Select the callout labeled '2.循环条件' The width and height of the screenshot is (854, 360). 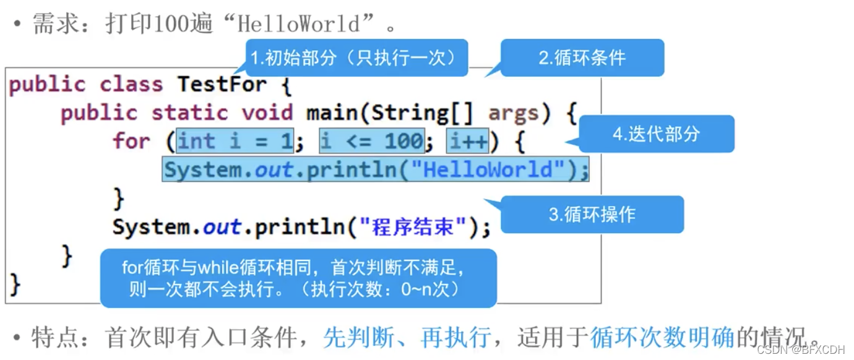coord(582,58)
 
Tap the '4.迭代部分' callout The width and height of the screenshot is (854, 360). coord(657,134)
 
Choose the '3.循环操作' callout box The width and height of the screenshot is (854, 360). coord(592,214)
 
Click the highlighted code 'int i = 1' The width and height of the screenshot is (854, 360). coord(235,142)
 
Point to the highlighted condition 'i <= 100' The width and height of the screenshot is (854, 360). coord(371,142)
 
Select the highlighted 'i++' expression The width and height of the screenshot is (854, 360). coord(468,142)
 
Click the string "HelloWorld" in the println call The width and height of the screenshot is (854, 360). coord(487,169)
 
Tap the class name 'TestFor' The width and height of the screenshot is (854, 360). coord(222,84)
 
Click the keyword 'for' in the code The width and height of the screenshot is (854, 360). coord(132,142)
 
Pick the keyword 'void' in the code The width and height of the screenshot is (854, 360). coord(267,113)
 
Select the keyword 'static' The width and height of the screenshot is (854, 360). coord(189,113)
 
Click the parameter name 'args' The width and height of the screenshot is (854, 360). coord(513,113)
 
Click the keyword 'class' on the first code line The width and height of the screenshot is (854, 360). coord(131,84)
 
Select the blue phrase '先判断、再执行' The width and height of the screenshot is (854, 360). coord(407,338)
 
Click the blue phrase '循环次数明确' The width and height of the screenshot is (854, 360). coord(662,338)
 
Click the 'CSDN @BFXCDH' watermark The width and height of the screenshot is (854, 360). coord(801,350)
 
